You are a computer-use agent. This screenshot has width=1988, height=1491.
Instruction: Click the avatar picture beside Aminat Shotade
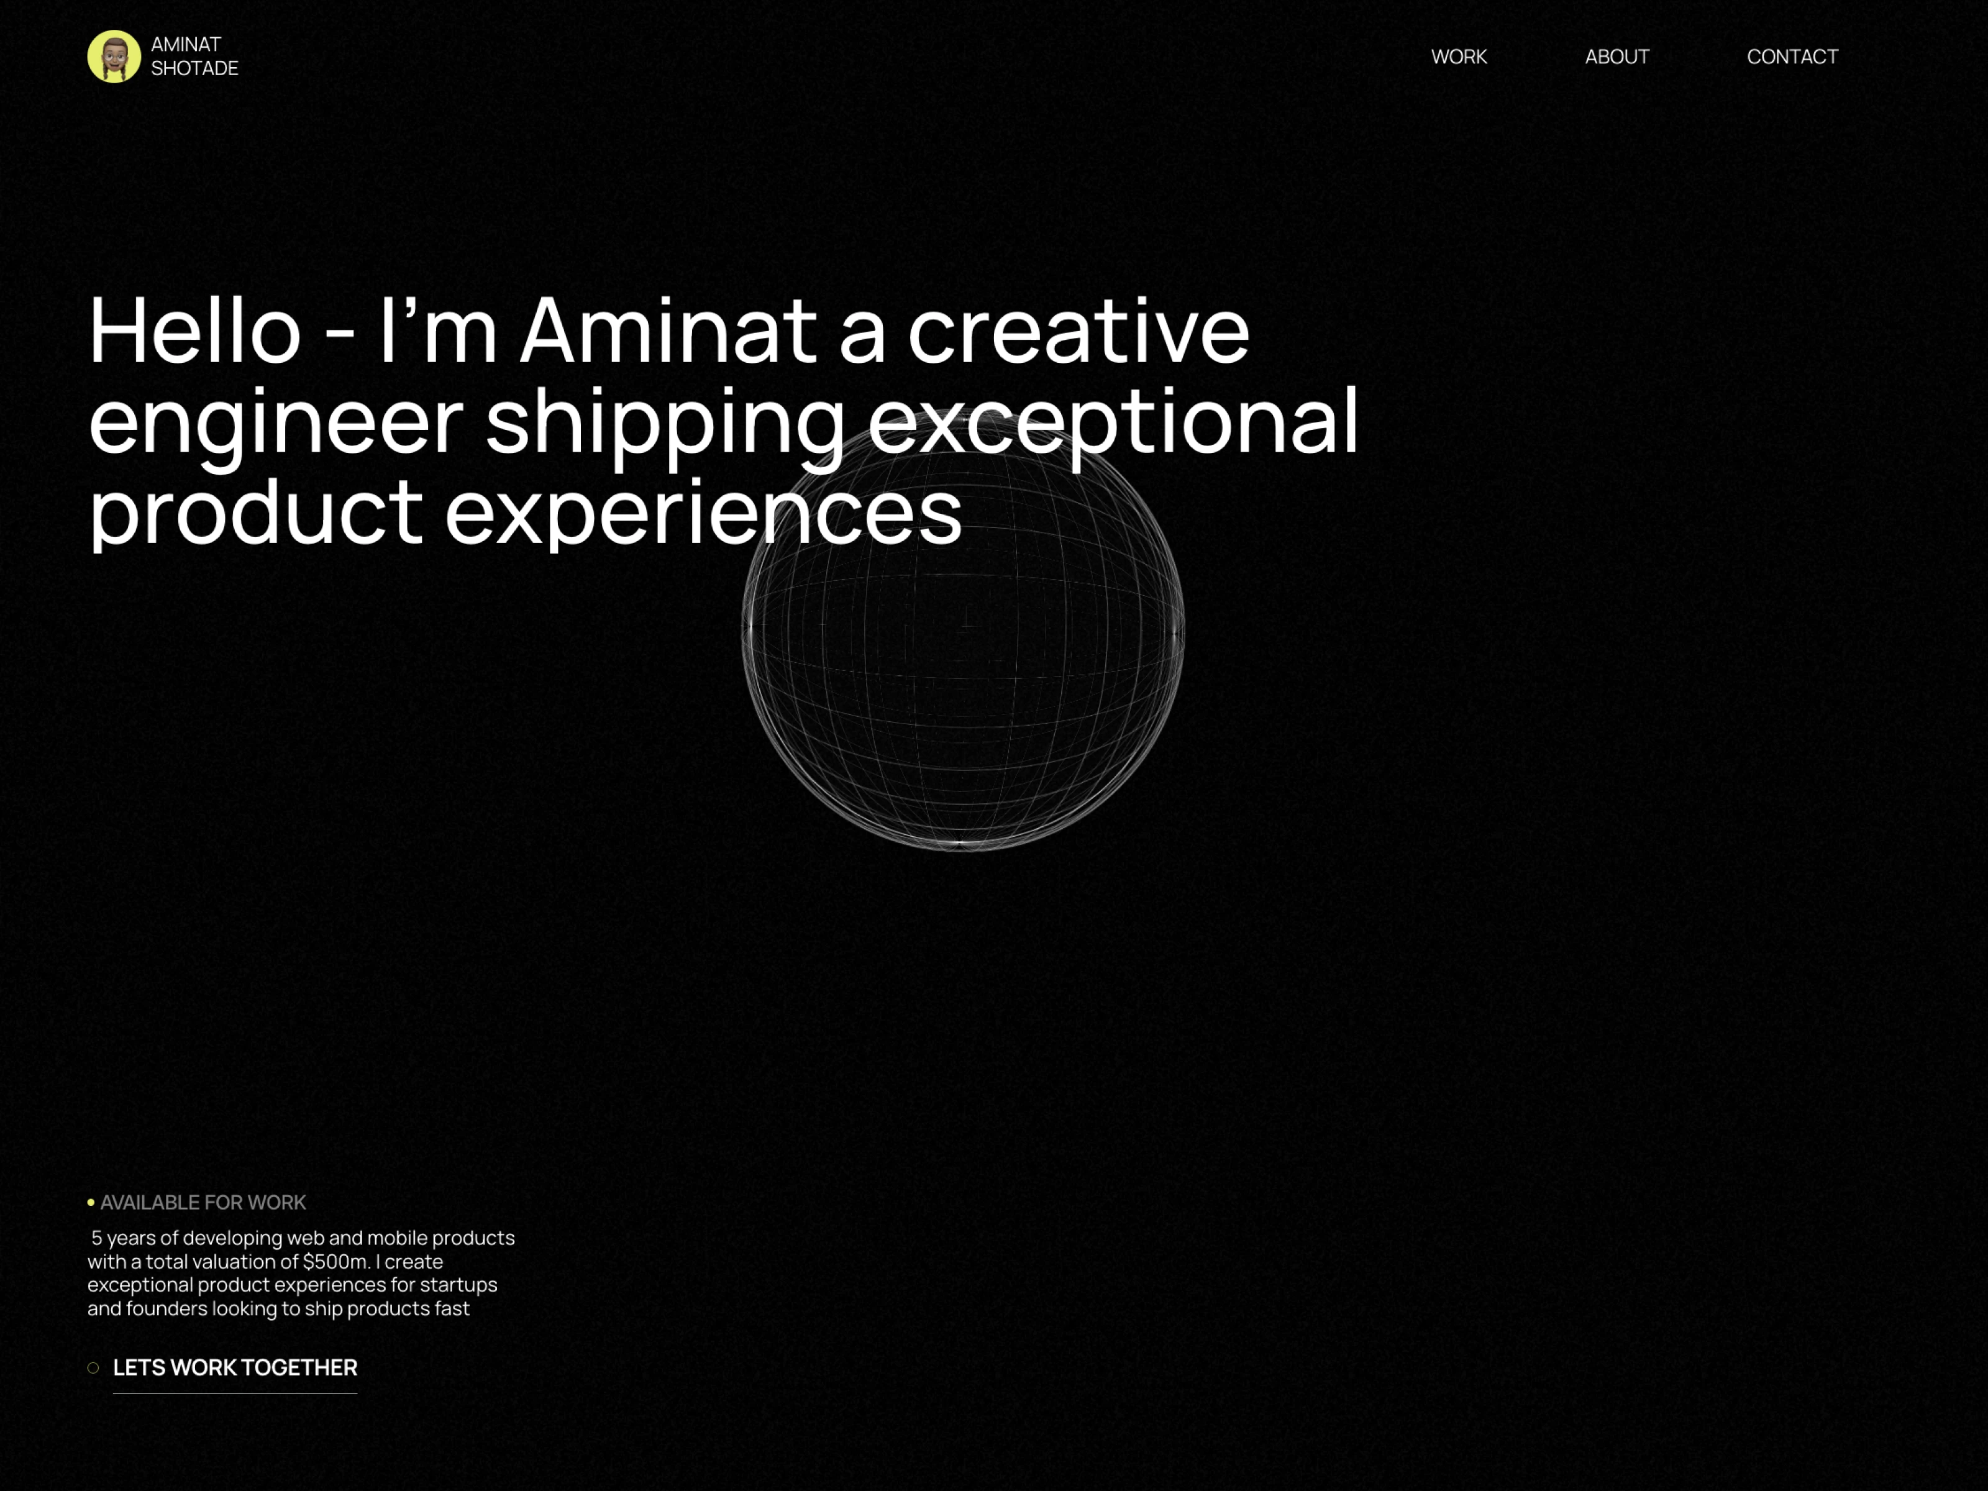click(x=114, y=57)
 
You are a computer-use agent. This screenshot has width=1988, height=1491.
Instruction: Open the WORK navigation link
click(x=1459, y=57)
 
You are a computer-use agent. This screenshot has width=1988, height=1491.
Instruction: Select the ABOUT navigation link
click(x=1617, y=57)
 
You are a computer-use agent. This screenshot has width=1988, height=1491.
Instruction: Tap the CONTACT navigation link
click(x=1792, y=57)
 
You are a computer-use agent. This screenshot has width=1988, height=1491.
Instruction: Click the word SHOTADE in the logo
click(x=194, y=68)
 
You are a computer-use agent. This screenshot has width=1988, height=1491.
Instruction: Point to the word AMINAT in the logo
click(x=186, y=44)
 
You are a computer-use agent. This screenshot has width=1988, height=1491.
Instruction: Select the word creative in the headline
click(x=1078, y=331)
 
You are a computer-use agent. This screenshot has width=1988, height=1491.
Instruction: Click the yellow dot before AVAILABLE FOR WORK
click(x=91, y=1203)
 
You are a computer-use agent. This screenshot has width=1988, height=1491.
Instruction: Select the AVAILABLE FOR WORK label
click(x=203, y=1203)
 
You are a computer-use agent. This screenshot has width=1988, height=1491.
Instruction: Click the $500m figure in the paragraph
click(x=336, y=1262)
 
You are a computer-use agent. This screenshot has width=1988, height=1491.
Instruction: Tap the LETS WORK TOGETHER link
click(x=235, y=1368)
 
